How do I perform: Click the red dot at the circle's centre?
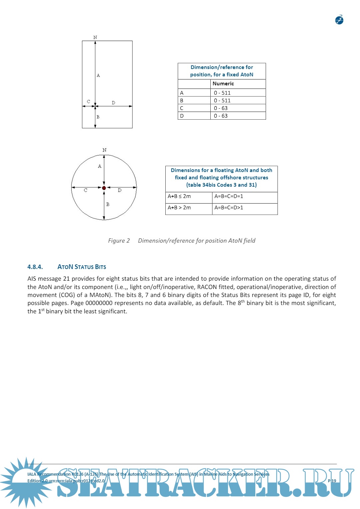coord(104,188)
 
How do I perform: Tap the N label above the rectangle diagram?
coord(95,37)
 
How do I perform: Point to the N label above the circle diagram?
coord(104,150)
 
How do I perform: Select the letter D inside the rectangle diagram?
coord(113,103)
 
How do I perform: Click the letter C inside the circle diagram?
coord(86,190)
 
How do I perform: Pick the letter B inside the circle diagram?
coord(108,204)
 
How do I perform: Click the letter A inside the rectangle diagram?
coord(98,75)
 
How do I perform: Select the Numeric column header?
coord(223,84)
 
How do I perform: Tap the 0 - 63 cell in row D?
coord(221,116)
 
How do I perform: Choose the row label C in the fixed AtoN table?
coord(182,108)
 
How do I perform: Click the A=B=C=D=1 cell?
coord(229,196)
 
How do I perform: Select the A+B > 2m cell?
coord(179,208)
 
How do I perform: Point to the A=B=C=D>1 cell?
coord(229,208)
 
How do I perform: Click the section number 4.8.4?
coord(35,267)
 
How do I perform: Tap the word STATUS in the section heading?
coord(84,267)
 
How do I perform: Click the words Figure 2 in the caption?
coord(119,241)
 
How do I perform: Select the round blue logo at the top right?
coord(339,20)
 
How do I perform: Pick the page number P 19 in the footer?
coord(332,481)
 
